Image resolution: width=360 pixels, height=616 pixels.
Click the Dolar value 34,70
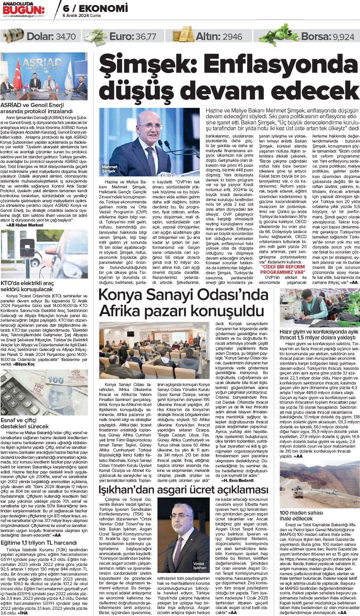pos(65,37)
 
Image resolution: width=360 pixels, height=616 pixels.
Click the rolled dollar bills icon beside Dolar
pos(13,36)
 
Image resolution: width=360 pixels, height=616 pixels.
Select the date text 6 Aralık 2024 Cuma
pos(82,16)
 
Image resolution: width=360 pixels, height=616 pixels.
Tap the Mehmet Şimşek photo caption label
pos(109,169)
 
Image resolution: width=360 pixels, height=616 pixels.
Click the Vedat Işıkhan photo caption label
pos(199,566)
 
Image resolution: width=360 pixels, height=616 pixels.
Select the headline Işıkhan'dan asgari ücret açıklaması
pos(183,490)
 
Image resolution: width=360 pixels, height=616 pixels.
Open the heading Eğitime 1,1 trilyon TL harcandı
pos(39,543)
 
